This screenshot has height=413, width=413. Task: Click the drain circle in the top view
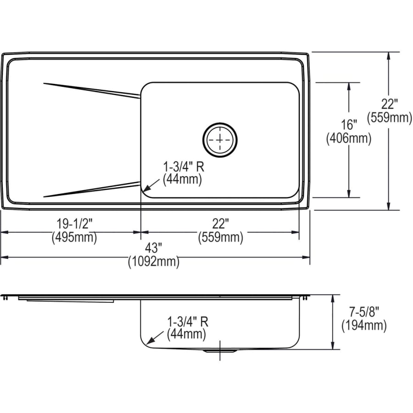[x=221, y=138]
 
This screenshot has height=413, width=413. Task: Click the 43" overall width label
[x=154, y=248]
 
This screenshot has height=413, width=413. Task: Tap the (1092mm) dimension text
[x=154, y=262]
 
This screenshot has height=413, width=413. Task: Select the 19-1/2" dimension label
[x=75, y=224]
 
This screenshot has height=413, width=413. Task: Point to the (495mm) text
[x=75, y=238]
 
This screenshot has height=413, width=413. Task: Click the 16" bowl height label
[x=348, y=124]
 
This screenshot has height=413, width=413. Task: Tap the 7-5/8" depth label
[x=363, y=312]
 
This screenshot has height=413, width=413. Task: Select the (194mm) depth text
[x=363, y=326]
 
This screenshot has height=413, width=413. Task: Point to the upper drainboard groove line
[x=92, y=90]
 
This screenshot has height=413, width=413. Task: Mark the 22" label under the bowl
[x=220, y=224]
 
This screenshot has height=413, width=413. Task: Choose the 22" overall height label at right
[x=390, y=104]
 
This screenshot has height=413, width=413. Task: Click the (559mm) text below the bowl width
[x=220, y=238]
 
